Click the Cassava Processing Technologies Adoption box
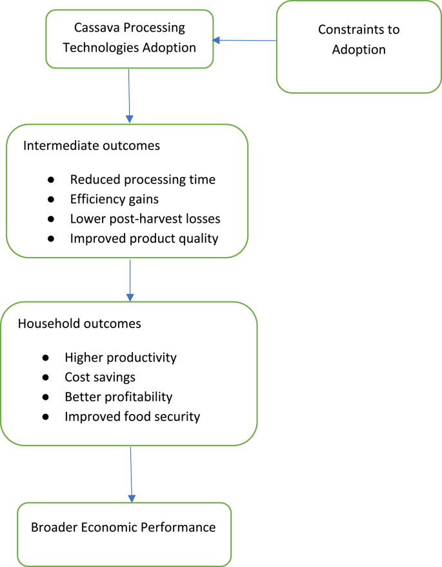[x=129, y=38]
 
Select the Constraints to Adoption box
[x=359, y=46]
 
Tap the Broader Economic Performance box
[x=123, y=534]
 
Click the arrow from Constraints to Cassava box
[x=245, y=41]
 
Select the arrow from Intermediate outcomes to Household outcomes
[x=130, y=280]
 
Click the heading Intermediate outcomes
[x=92, y=145]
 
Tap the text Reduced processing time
[x=143, y=180]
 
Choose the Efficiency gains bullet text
[x=114, y=200]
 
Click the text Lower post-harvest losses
[x=145, y=219]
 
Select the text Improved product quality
[x=145, y=238]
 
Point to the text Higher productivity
[x=120, y=357]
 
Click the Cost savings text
[x=100, y=376]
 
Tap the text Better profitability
[x=118, y=397]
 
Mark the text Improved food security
[x=132, y=417]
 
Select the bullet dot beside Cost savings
[x=46, y=377]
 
